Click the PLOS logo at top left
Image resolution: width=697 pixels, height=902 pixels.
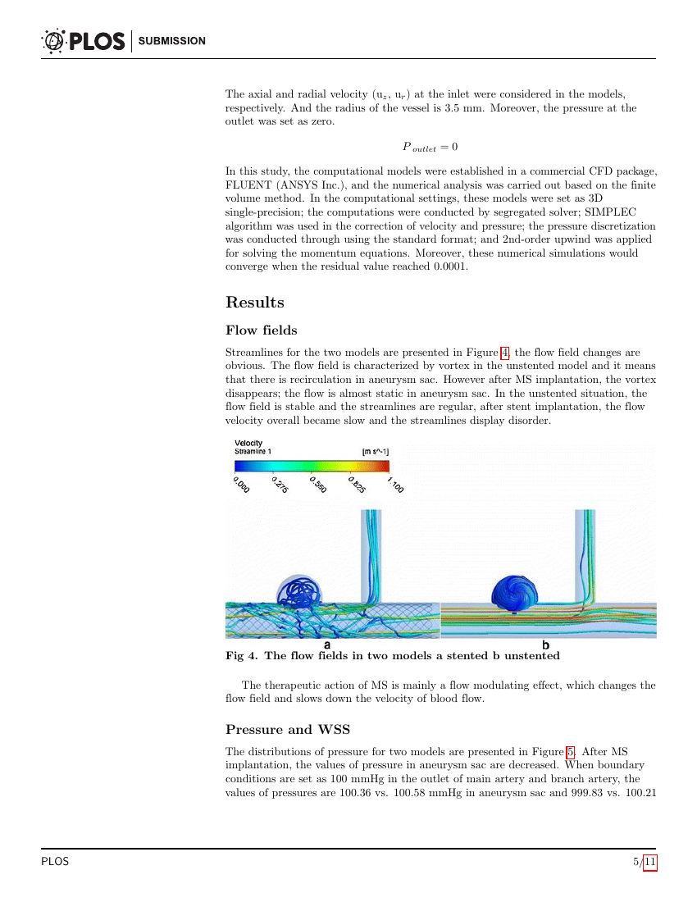tap(83, 40)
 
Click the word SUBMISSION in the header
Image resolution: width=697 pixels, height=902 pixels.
tap(172, 41)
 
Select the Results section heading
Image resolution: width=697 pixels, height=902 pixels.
tap(255, 303)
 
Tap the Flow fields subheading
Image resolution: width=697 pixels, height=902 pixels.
tap(261, 330)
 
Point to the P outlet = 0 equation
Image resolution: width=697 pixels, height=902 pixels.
tap(430, 147)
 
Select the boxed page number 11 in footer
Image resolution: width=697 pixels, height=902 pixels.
tap(649, 862)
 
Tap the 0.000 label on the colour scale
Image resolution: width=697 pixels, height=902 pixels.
tap(241, 485)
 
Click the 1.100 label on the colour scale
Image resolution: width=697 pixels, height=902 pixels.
tap(395, 485)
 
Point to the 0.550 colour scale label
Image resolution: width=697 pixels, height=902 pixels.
tap(318, 485)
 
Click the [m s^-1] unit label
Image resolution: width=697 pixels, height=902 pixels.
tap(376, 452)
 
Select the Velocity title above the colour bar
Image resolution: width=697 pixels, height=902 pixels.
tap(248, 444)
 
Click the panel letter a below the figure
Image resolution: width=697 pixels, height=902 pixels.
tap(327, 645)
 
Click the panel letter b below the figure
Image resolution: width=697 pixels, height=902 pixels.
tap(545, 645)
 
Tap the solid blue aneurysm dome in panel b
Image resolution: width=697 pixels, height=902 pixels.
tap(512, 591)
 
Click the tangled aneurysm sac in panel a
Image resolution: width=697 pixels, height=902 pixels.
tap(301, 592)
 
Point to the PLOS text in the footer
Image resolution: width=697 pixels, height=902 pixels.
tap(55, 862)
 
